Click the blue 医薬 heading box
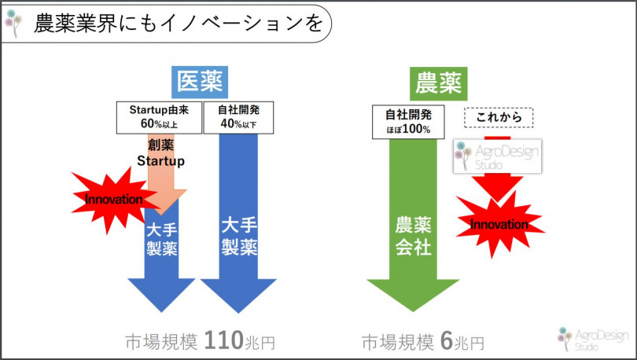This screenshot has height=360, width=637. [x=200, y=83]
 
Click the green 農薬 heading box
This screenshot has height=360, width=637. [x=438, y=83]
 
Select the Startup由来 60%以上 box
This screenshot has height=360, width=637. [x=159, y=117]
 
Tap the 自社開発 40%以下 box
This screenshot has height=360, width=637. [x=238, y=117]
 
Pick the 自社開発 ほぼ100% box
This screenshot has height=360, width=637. [x=408, y=122]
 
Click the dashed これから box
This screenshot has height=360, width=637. [x=499, y=118]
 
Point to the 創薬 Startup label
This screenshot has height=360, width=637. [x=161, y=153]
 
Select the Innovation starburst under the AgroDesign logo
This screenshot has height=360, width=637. [x=499, y=224]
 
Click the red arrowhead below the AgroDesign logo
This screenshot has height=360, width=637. [x=497, y=189]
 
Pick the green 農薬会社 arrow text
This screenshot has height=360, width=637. [x=413, y=237]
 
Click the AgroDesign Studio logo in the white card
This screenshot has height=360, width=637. [x=498, y=156]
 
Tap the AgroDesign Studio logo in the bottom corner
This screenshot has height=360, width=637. [x=593, y=339]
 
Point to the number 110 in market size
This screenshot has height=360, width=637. [x=223, y=340]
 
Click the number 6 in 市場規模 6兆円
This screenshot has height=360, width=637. [x=447, y=341]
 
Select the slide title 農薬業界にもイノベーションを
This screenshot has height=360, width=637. [x=179, y=23]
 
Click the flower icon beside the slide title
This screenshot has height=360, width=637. [x=13, y=23]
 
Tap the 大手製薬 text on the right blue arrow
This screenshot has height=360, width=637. [x=239, y=237]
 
